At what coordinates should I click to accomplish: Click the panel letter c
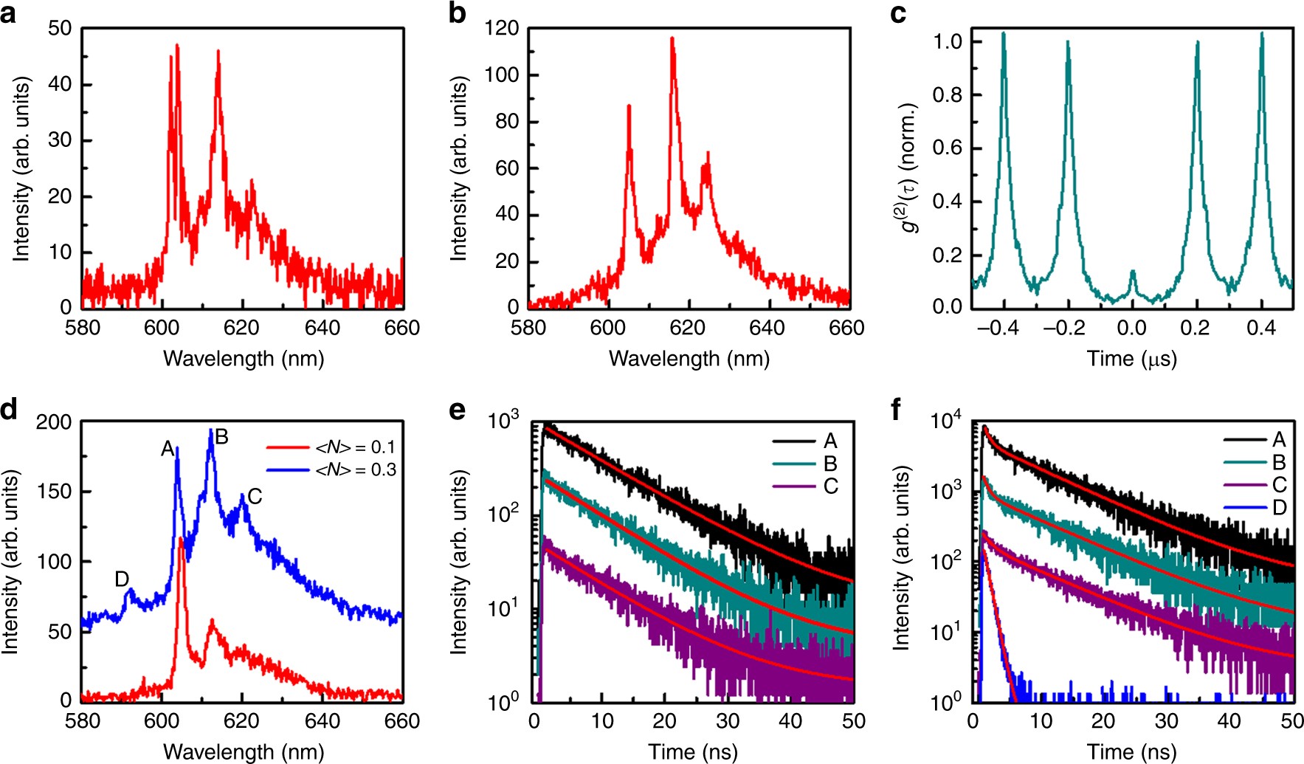(897, 13)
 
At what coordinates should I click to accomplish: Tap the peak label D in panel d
(123, 579)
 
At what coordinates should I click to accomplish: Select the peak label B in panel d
(221, 437)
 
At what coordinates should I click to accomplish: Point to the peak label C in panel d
(255, 497)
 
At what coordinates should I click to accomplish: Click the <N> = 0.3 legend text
(355, 469)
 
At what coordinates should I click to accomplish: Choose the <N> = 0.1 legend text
(355, 447)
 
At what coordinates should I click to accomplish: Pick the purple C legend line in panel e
(794, 486)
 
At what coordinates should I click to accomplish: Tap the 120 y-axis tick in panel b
(502, 29)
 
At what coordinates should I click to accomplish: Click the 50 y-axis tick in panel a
(60, 29)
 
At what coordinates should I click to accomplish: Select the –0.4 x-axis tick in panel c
(998, 328)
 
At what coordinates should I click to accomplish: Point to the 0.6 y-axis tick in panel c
(947, 148)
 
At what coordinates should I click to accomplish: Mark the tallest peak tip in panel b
(672, 38)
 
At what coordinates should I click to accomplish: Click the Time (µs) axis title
(1131, 359)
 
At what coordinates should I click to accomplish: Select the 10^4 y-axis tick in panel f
(945, 422)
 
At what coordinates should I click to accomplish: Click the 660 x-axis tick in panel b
(846, 328)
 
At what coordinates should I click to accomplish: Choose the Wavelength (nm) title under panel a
(244, 359)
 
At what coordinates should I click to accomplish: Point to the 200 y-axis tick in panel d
(55, 422)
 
